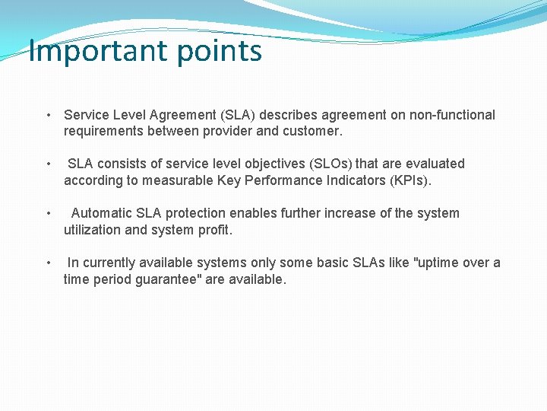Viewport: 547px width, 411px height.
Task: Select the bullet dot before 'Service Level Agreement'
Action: pos(49,116)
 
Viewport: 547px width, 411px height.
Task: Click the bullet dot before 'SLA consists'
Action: pos(49,164)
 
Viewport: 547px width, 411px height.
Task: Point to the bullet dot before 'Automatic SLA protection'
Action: pos(49,214)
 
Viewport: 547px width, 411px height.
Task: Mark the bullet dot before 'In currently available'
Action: pos(49,263)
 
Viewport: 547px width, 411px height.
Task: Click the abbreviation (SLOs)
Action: pos(327,164)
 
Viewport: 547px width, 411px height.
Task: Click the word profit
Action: pos(215,230)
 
